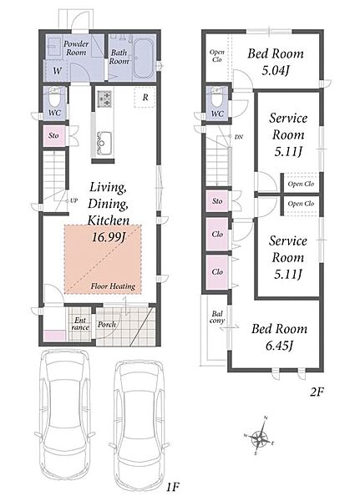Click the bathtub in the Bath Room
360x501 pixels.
point(143,58)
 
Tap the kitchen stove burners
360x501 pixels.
point(104,99)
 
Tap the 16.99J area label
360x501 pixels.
point(109,237)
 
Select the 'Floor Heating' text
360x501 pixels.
point(113,286)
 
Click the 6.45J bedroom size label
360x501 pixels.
point(280,346)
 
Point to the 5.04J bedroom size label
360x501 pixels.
point(276,70)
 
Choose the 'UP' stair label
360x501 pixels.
point(74,201)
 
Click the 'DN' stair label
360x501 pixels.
point(239,137)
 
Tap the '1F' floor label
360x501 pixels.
point(172,487)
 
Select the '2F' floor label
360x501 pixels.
point(317,392)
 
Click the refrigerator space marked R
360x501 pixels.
point(145,97)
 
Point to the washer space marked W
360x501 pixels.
point(57,70)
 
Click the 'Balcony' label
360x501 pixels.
point(217,317)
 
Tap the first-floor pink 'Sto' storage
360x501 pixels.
point(54,135)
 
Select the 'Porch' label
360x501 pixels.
point(107,324)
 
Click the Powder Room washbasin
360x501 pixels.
point(53,47)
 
